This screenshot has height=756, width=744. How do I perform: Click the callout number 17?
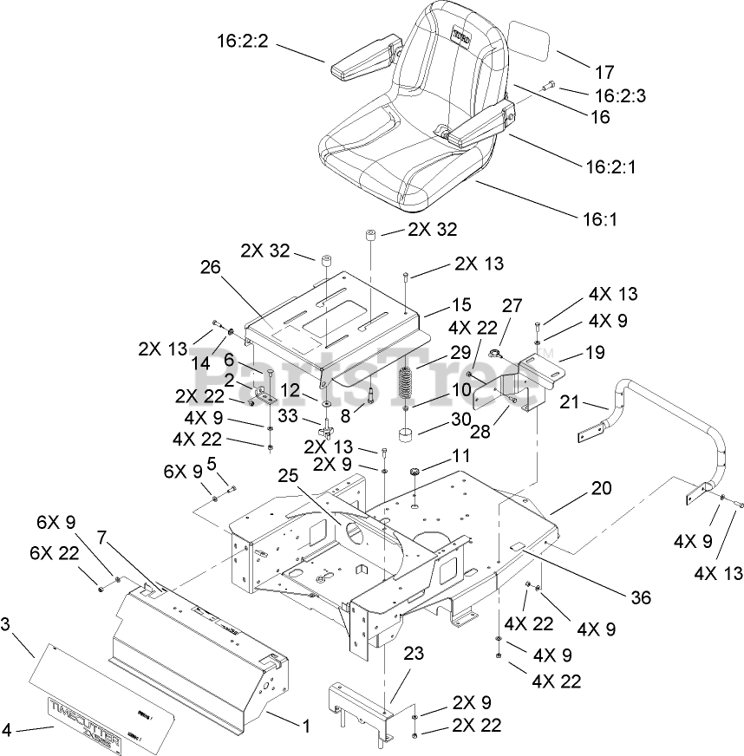tap(604, 72)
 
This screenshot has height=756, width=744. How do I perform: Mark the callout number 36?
tap(640, 597)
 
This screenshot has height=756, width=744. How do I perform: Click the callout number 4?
tap(7, 730)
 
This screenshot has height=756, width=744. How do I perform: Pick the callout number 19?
tap(594, 353)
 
